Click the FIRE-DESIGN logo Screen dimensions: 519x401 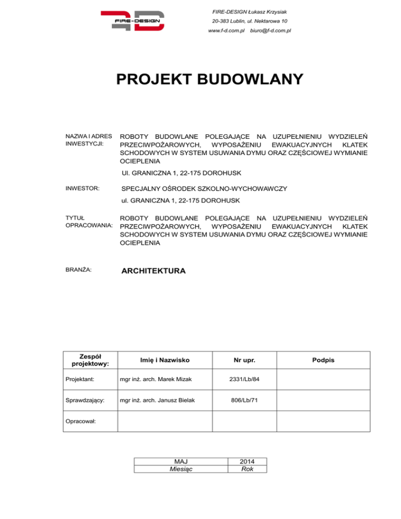[x=132, y=21]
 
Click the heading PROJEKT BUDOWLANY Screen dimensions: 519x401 [x=209, y=79]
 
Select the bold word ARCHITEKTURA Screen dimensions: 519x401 [x=152, y=271]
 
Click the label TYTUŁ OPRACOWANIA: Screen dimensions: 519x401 [x=84, y=220]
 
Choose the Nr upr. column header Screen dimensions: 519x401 [x=244, y=360]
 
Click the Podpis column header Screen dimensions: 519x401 [x=323, y=360]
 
